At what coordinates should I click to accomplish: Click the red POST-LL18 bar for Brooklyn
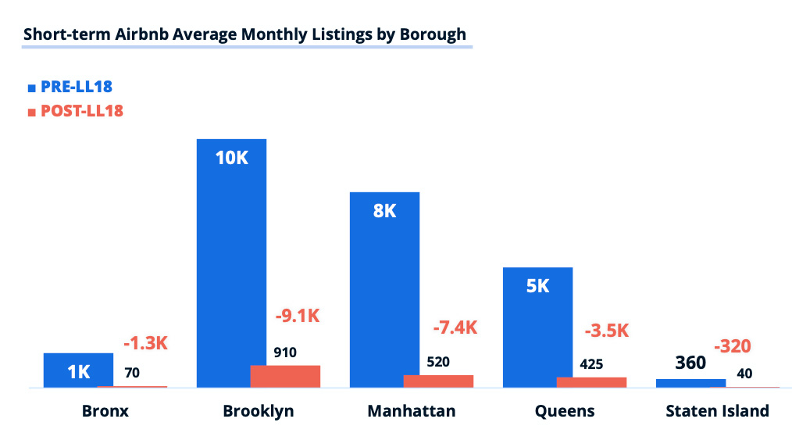(285, 376)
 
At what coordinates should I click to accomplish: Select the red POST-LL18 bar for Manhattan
(438, 381)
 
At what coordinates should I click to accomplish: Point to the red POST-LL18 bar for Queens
(591, 382)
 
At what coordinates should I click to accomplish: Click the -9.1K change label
(298, 317)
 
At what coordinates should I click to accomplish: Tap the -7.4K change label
(454, 327)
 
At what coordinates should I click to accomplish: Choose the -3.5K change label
(606, 330)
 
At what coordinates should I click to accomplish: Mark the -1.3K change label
(146, 342)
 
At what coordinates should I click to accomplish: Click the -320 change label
(736, 346)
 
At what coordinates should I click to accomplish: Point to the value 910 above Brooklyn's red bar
(285, 352)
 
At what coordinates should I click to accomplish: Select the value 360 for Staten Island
(690, 363)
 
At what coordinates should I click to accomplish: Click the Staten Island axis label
(717, 411)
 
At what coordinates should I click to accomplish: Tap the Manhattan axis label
(411, 411)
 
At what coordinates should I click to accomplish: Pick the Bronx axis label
(105, 411)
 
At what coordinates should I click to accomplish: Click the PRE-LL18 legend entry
(76, 87)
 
